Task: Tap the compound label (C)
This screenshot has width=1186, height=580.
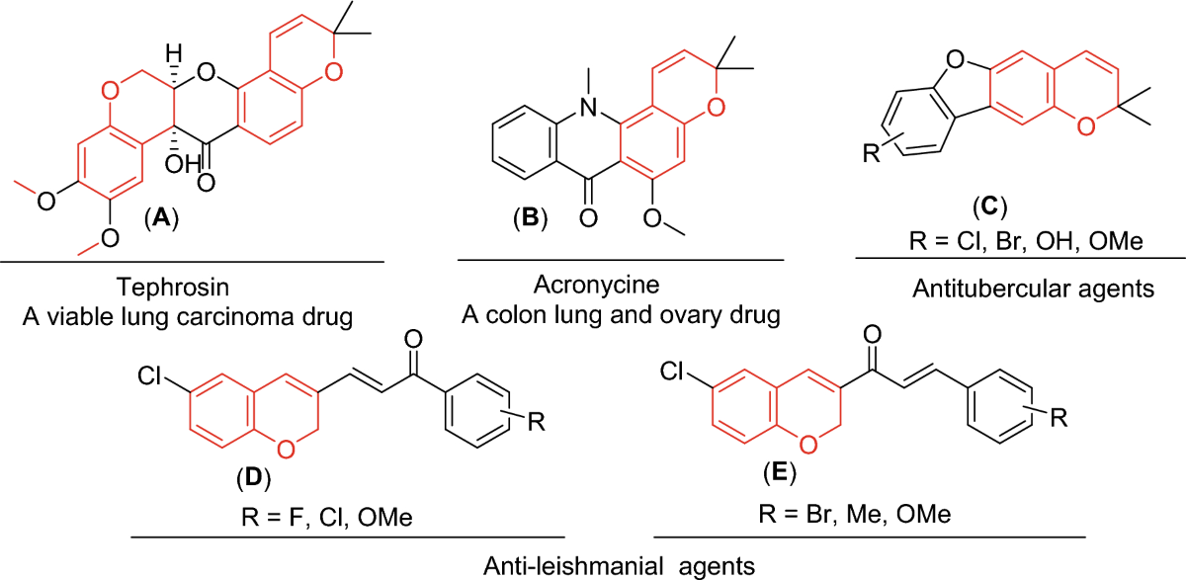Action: tap(988, 207)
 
